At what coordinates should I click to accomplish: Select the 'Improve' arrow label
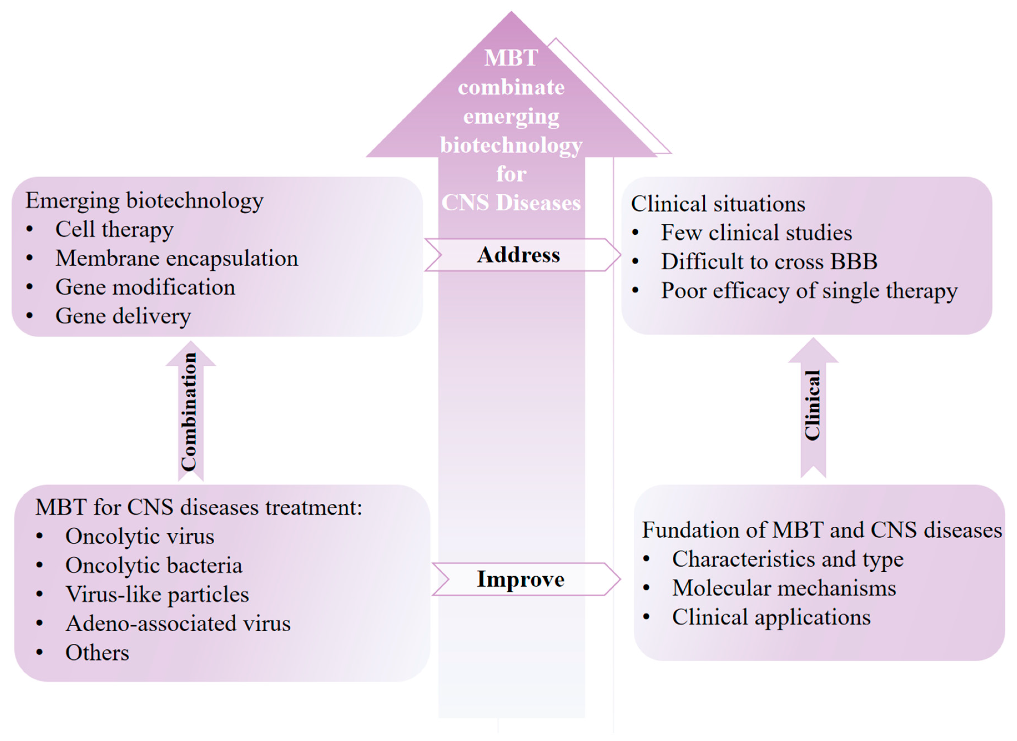(x=520, y=579)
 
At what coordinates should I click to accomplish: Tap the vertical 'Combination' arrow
(x=190, y=412)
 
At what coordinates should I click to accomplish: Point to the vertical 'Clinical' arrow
(x=812, y=406)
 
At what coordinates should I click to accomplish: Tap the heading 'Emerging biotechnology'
(x=144, y=200)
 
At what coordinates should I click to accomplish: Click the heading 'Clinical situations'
(x=718, y=204)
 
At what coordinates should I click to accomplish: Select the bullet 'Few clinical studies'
(x=756, y=233)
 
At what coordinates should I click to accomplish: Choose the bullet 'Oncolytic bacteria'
(x=153, y=566)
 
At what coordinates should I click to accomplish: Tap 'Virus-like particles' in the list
(x=157, y=595)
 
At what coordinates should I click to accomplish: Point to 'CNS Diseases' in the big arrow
(x=511, y=203)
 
